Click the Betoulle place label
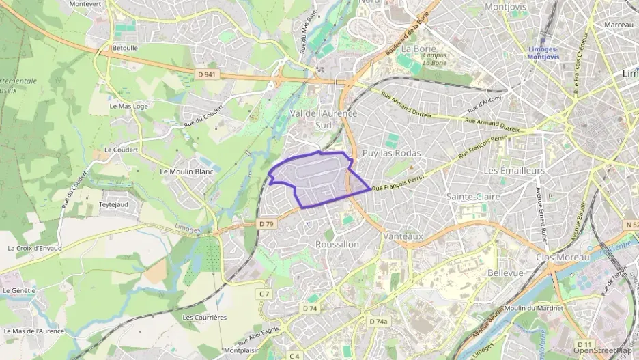click(x=124, y=49)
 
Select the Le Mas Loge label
click(x=128, y=107)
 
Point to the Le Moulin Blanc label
click(x=186, y=171)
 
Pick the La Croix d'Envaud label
click(x=35, y=248)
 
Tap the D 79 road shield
click(x=266, y=223)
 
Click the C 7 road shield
click(x=265, y=294)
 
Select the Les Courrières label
click(x=205, y=318)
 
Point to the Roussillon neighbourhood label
click(x=337, y=244)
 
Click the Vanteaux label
click(x=404, y=236)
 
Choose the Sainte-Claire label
click(x=473, y=197)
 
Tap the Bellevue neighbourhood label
click(x=506, y=273)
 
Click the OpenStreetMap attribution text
click(x=603, y=351)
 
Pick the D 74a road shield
click(x=378, y=322)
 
